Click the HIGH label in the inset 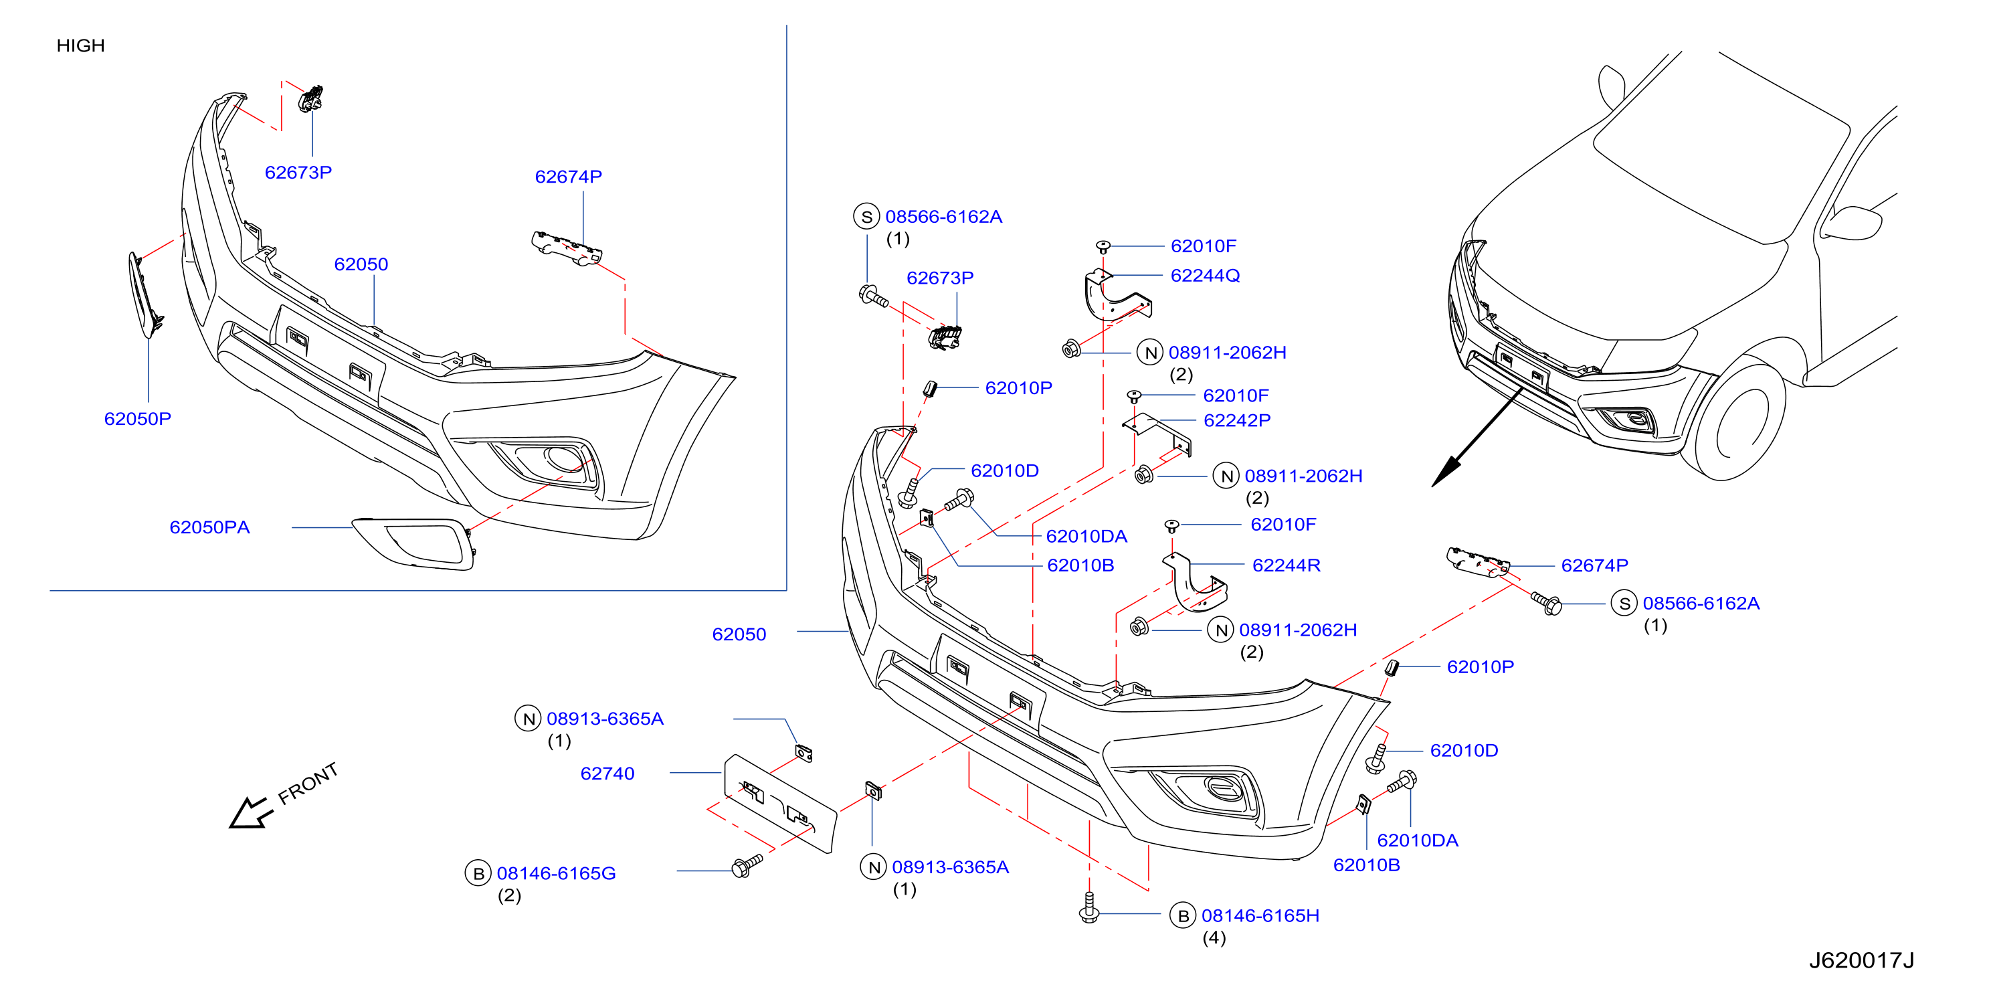(x=80, y=46)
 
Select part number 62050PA (x=209, y=527)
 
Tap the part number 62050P (x=138, y=419)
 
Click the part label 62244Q (x=1205, y=275)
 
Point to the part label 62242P (x=1236, y=420)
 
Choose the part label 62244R (x=1286, y=565)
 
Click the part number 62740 (x=607, y=774)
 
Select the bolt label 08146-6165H (x=1260, y=916)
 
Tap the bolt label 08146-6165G (x=556, y=873)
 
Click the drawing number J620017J (x=1861, y=960)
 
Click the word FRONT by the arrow (x=308, y=783)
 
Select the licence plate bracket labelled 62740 (x=779, y=804)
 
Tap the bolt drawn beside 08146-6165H (x=1089, y=907)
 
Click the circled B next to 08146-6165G (x=478, y=873)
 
